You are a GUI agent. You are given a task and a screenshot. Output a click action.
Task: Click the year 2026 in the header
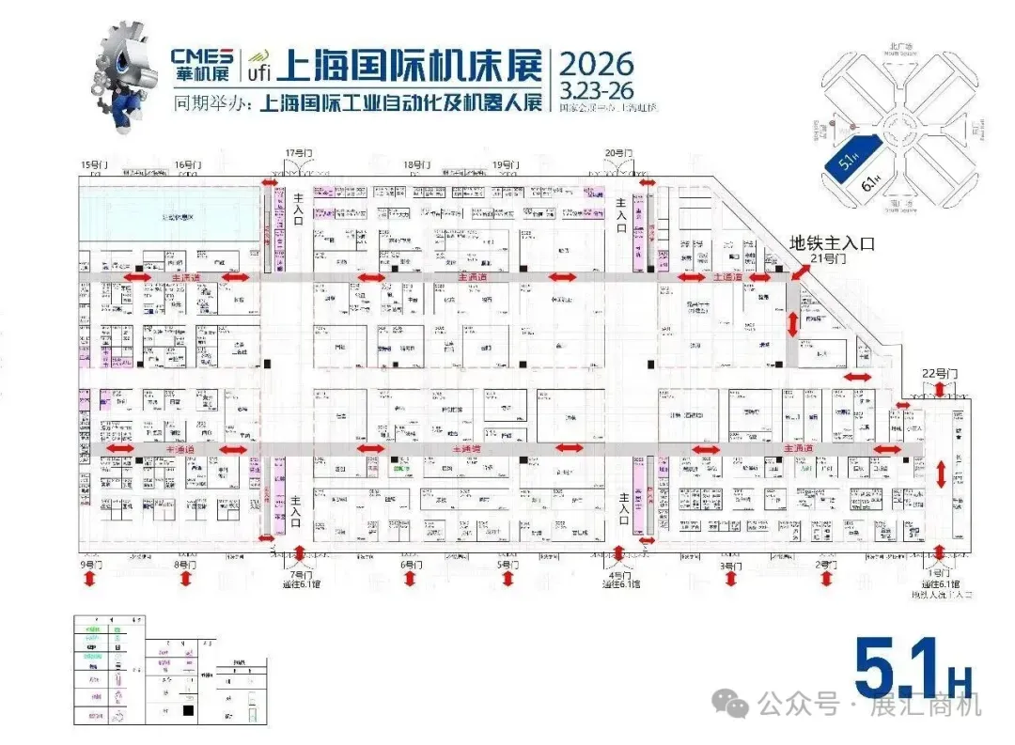point(597,64)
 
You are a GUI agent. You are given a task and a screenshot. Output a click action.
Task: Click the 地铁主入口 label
point(832,242)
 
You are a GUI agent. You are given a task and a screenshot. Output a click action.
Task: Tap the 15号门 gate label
point(95,165)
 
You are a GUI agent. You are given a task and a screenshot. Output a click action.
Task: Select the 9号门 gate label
point(90,566)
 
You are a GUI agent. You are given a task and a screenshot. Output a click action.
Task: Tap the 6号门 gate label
point(410,566)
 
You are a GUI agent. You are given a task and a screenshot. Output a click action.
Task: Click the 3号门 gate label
point(730,566)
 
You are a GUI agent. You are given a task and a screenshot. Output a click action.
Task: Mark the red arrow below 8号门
point(185,581)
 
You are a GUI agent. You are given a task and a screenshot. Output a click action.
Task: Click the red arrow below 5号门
point(507,581)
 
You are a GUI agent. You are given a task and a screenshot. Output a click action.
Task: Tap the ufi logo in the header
point(258,66)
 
